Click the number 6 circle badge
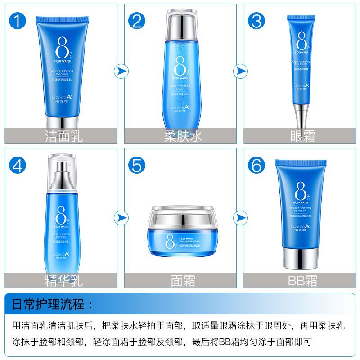[x=256, y=166]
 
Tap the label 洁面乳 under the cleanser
[x=64, y=136]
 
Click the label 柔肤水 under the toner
[x=183, y=136]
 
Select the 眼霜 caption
[x=302, y=136]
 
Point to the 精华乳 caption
[x=64, y=280]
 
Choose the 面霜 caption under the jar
[x=183, y=280]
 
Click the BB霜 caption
[x=302, y=280]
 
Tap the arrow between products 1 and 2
[x=121, y=71]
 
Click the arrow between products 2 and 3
[x=240, y=71]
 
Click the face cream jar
[x=183, y=232]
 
